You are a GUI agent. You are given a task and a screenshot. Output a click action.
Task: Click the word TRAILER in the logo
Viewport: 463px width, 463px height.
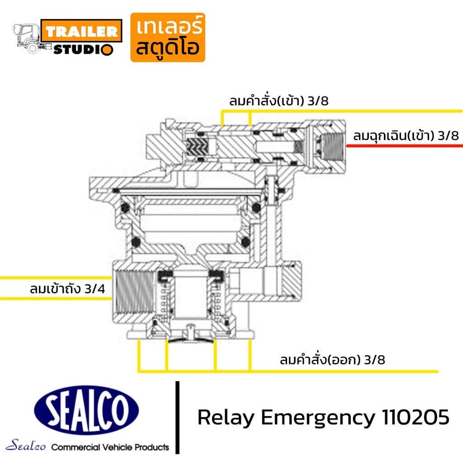pos(81,31)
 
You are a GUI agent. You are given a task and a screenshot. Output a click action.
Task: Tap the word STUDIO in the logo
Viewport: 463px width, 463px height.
pos(83,49)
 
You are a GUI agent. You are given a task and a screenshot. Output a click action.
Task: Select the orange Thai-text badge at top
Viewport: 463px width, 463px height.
pos(168,37)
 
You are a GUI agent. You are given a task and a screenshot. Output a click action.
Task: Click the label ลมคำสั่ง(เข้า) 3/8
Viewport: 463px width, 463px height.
pos(279,101)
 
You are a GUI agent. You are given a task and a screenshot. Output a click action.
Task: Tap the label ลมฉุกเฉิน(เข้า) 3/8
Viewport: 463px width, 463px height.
pos(406,136)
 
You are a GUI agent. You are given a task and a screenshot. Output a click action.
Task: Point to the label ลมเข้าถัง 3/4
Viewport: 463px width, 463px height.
pos(67,288)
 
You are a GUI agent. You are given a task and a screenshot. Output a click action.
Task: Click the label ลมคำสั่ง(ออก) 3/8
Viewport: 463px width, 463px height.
pos(332,359)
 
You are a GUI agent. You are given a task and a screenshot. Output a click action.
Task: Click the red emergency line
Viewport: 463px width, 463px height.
pos(404,146)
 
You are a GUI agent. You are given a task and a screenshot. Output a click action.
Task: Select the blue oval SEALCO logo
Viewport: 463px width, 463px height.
pos(86,410)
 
